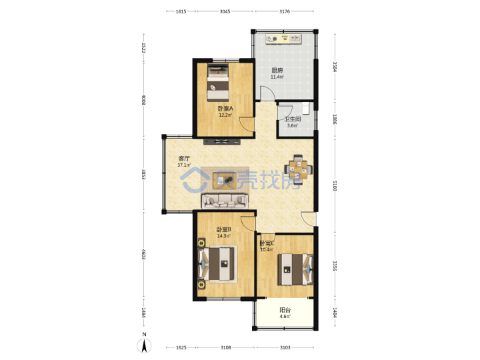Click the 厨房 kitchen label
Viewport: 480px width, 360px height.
(277, 70)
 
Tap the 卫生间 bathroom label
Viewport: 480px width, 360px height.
(293, 119)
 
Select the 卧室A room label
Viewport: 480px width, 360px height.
(225, 109)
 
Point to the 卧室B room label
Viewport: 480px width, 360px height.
(224, 229)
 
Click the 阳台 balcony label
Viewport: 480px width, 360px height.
(285, 310)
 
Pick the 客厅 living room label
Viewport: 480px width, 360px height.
(184, 159)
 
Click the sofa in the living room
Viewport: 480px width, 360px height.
(225, 201)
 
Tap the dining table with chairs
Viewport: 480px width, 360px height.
(299, 169)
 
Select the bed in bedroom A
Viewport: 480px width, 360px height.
(218, 83)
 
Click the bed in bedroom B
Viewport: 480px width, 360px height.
(217, 263)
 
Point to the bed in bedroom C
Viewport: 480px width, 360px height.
(295, 269)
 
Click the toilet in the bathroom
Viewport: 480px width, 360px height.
(305, 108)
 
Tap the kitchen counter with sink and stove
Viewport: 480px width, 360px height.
(284, 39)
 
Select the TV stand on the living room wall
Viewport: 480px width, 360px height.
(222, 141)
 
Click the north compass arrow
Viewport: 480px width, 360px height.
(145, 345)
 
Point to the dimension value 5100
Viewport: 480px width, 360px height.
(335, 185)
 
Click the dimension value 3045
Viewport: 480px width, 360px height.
(225, 11)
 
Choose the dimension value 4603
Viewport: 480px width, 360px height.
(143, 254)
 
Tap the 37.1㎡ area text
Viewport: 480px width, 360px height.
(184, 165)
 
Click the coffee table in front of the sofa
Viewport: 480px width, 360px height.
(224, 181)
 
